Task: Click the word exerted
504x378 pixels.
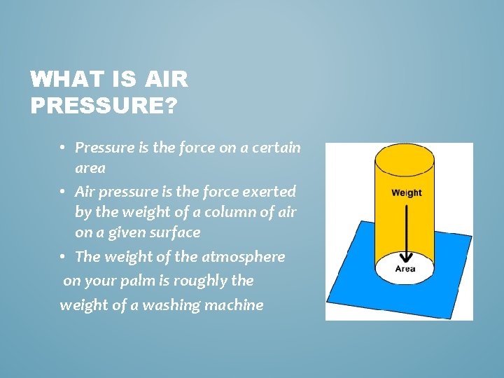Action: (269, 190)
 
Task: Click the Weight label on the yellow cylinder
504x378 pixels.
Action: (406, 193)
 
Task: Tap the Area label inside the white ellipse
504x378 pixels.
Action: (405, 269)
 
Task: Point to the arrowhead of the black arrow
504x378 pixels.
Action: (405, 256)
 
